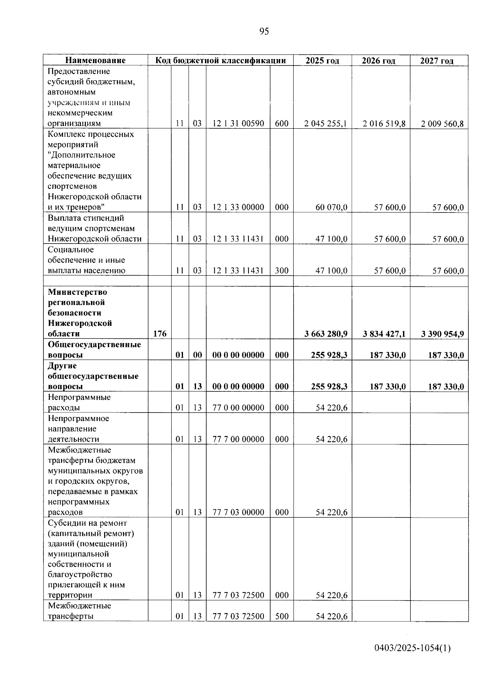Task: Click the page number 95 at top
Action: point(264,32)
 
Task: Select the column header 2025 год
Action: point(322,61)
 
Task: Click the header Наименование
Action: point(96,61)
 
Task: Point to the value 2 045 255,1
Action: point(325,124)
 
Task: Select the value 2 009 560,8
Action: point(442,124)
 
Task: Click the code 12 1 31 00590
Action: point(238,123)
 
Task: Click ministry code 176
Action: point(159,334)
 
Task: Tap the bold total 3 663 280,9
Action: point(326,334)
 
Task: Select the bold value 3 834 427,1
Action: point(384,334)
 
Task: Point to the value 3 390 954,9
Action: point(442,334)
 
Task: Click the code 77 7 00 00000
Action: point(238,439)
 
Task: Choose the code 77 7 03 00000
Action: point(238,512)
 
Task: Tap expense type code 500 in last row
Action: point(281,616)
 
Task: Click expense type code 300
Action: point(281,270)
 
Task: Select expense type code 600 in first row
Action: point(281,123)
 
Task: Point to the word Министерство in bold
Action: point(77,292)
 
